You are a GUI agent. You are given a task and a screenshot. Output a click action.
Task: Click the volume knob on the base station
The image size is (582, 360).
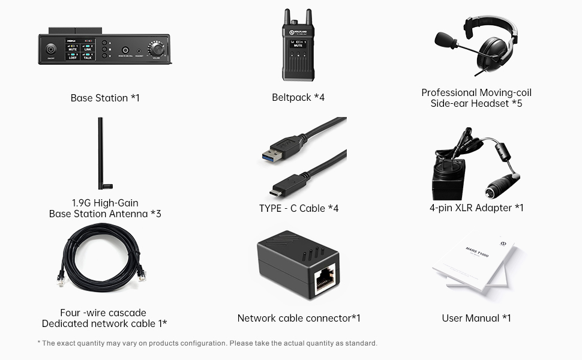click(157, 49)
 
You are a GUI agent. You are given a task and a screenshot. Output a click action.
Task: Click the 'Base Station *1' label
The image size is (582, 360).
click(105, 98)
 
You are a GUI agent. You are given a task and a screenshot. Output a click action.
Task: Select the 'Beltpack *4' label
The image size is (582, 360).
click(298, 97)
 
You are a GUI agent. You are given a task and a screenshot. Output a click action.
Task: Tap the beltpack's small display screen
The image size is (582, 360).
click(298, 44)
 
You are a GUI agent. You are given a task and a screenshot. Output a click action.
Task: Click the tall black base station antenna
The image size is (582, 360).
click(101, 153)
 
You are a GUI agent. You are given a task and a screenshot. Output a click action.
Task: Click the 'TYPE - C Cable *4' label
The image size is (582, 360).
click(299, 208)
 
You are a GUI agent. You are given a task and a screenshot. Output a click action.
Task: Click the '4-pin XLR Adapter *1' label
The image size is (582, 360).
click(476, 208)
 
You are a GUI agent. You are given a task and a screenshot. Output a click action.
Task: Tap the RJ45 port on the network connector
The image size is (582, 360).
click(325, 278)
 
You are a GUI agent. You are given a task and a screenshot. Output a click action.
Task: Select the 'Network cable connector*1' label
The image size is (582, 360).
click(299, 318)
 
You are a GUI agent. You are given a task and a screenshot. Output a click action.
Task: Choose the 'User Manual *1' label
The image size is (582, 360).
click(476, 318)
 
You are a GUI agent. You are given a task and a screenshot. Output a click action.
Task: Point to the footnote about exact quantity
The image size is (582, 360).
click(207, 343)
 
